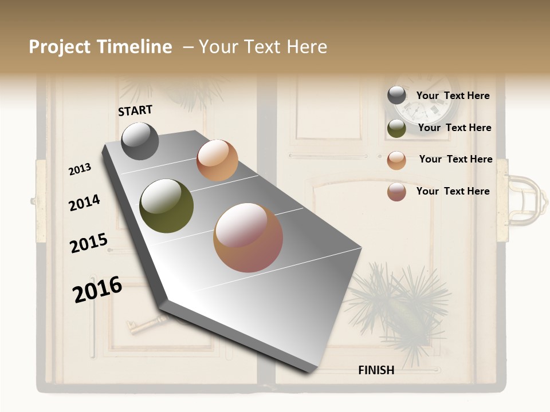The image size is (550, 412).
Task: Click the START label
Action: point(135,110)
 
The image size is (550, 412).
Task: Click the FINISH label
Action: point(376,370)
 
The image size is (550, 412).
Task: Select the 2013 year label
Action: point(80,169)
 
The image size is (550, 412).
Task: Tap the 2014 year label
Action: point(84,203)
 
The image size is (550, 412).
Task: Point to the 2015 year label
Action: point(89,243)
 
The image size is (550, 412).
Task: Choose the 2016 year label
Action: point(97,290)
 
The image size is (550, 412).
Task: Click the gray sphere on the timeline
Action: point(140,141)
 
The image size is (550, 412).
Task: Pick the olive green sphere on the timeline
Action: point(167,206)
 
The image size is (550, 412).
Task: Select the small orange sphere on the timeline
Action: point(217,160)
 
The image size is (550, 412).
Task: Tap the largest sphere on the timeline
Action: point(248,237)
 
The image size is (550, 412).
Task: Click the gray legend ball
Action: point(396,95)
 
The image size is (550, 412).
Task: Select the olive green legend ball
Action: point(396,128)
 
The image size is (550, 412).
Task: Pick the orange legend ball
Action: point(396,160)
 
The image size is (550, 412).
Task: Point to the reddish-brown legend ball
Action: point(396,192)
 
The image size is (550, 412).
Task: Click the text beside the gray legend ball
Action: point(453,96)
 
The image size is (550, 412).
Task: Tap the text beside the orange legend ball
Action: point(455,159)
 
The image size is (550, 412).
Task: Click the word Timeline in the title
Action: point(135,47)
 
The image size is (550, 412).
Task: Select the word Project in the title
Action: point(60,47)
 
